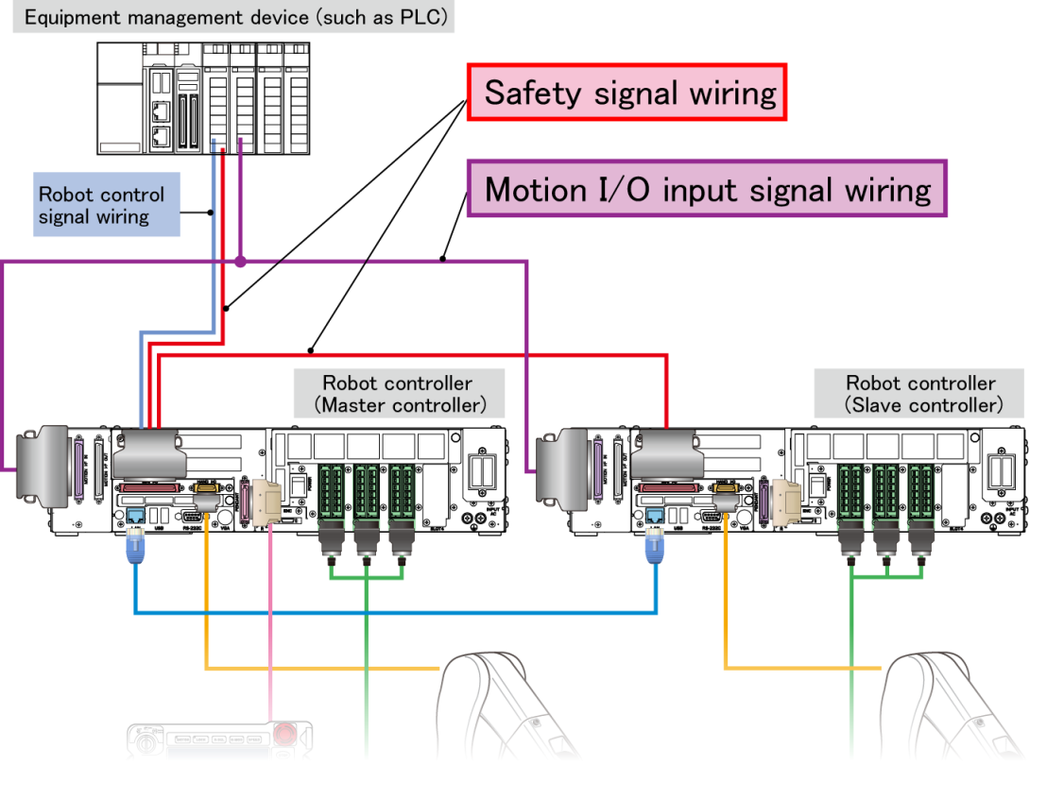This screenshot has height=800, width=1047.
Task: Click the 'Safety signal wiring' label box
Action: pos(627,93)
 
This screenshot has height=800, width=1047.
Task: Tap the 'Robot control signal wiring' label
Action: pos(107,205)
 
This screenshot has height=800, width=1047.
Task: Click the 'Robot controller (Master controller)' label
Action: pos(398,394)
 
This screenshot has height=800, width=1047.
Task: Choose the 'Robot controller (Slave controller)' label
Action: pos(920,394)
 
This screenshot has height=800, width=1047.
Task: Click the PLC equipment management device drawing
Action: pos(207,98)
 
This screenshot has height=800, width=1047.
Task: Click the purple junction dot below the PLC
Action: pos(241,260)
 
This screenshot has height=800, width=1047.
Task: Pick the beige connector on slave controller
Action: pos(786,500)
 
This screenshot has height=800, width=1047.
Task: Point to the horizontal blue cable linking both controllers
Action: pos(397,613)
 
